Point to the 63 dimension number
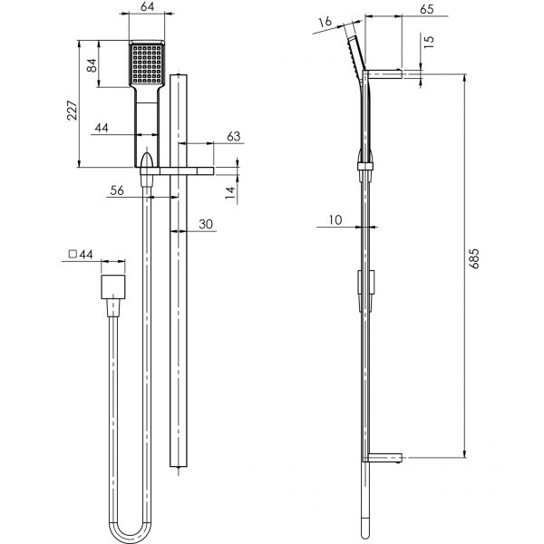208,137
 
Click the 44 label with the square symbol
82,256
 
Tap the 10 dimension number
336,219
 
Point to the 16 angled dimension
325,21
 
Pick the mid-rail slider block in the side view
365,282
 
